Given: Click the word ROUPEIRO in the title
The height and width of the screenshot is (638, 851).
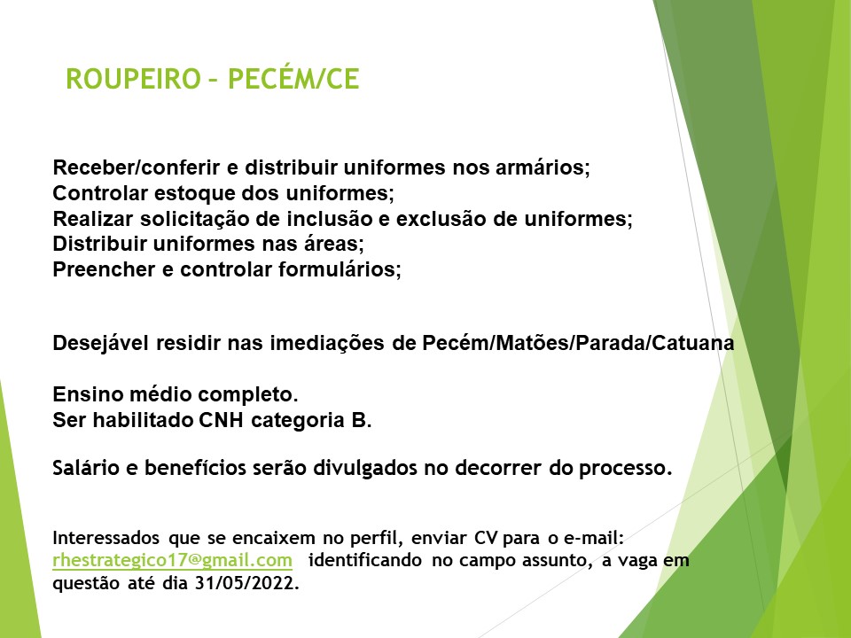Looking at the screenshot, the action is click(134, 79).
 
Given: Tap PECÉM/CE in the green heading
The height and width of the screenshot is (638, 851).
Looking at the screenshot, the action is click(293, 78).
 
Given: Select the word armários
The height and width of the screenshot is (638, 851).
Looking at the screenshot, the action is click(543, 167).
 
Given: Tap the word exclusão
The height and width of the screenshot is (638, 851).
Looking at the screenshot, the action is click(441, 219).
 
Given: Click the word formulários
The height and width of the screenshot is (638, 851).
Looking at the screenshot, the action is click(340, 269).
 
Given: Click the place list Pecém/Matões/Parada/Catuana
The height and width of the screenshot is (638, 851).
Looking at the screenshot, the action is click(578, 343).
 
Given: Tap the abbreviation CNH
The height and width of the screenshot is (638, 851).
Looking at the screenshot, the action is click(221, 420).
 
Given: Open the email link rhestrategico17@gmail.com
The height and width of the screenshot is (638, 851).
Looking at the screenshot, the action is click(173, 560).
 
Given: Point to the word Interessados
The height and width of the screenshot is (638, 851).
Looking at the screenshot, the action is click(105, 538).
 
